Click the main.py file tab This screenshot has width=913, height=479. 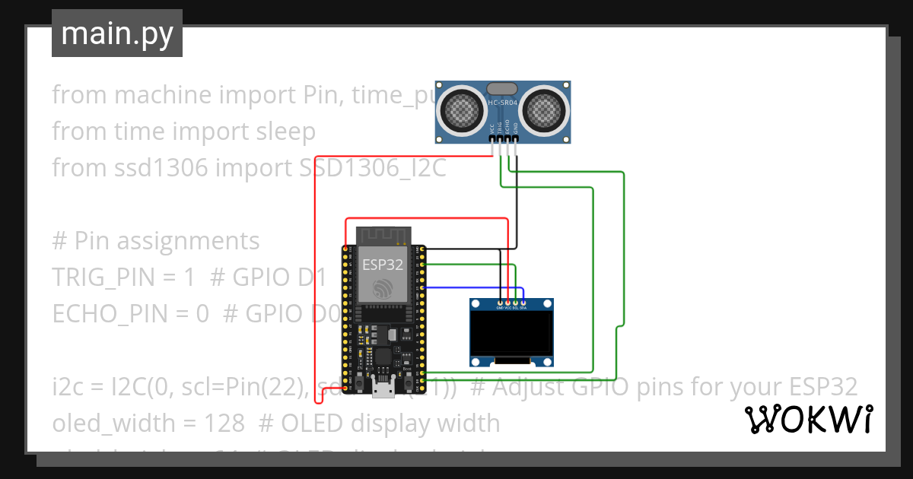click(117, 33)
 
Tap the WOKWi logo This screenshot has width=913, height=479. click(808, 419)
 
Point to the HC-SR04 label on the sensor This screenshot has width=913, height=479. click(503, 103)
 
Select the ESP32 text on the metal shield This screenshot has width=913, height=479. click(383, 265)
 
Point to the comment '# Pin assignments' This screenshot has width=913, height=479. click(156, 241)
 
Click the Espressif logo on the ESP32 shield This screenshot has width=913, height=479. click(383, 288)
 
